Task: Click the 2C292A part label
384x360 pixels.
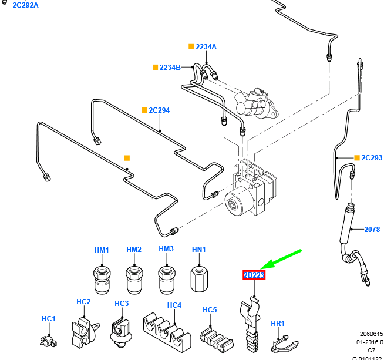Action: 22,5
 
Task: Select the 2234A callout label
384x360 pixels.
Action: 206,47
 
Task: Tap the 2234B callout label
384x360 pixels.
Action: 170,68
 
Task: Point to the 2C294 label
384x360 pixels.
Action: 159,110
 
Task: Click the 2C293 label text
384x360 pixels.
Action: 372,158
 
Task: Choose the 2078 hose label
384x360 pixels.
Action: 372,230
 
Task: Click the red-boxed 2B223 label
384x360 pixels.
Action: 254,275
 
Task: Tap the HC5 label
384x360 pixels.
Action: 210,310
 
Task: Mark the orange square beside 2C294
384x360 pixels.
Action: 144,110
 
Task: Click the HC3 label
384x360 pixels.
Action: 122,304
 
